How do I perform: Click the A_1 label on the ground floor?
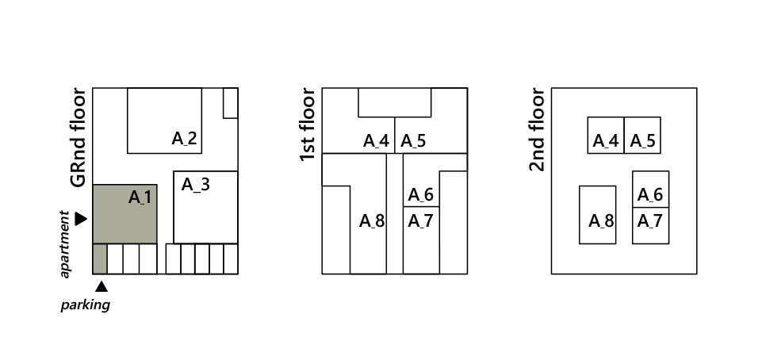[x=140, y=197]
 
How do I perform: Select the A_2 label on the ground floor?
[x=184, y=139]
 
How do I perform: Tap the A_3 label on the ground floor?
[x=195, y=185]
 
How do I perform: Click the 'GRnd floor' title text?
[x=78, y=138]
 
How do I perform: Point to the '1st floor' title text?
[x=308, y=125]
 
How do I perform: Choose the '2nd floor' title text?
[x=538, y=130]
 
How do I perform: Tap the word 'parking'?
[x=85, y=304]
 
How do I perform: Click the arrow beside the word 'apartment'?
[x=81, y=218]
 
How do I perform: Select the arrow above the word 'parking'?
[x=101, y=286]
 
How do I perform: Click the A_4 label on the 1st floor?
[x=376, y=141]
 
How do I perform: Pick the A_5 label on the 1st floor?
[x=412, y=141]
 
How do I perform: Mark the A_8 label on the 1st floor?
[x=371, y=220]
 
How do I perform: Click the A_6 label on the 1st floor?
[x=420, y=195]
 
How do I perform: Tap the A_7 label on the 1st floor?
[x=420, y=220]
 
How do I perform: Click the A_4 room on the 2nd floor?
[x=606, y=136]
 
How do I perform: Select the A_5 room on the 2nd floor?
[x=642, y=136]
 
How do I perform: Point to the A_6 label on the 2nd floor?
[x=650, y=195]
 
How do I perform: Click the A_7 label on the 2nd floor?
[x=650, y=220]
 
